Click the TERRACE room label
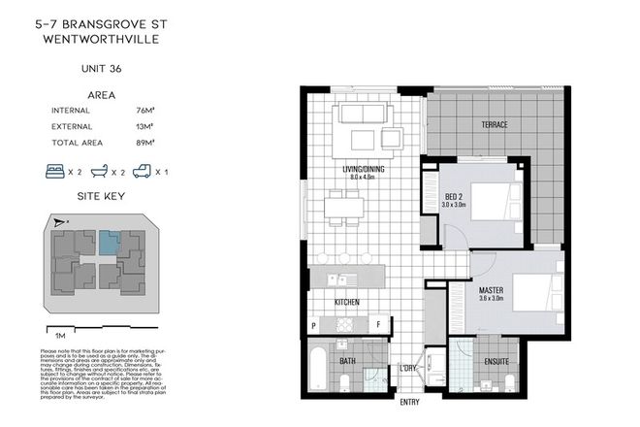click(495, 126)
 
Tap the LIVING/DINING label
click(364, 172)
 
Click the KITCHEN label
click(347, 303)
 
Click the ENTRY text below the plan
click(409, 402)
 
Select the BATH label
click(347, 362)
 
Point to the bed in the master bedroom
click(535, 290)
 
